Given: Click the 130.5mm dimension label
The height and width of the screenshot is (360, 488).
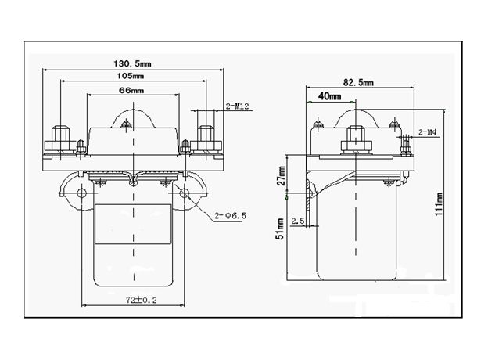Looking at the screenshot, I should click(x=131, y=63).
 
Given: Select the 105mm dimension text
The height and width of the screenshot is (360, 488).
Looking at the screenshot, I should click(x=131, y=77).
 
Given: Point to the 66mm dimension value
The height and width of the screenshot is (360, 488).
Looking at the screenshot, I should click(x=131, y=91).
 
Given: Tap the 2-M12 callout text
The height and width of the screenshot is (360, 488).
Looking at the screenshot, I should click(x=237, y=106).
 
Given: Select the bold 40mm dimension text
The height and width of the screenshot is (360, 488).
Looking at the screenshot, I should click(x=328, y=97).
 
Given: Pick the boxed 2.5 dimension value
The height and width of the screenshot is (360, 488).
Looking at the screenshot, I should click(x=298, y=222).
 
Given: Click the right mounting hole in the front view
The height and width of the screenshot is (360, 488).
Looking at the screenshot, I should click(x=185, y=193).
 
